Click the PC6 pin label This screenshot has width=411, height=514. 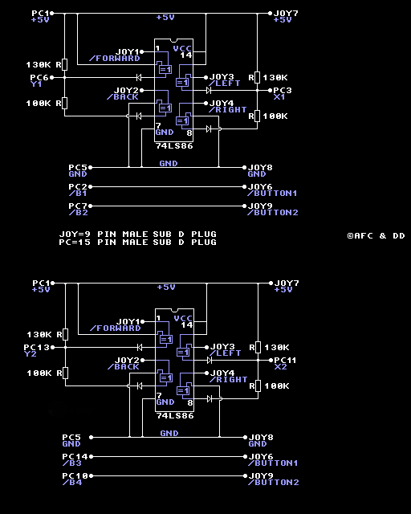[39, 78]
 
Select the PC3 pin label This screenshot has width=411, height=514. [283, 90]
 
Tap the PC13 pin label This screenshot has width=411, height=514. [36, 347]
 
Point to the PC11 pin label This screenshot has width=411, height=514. [285, 361]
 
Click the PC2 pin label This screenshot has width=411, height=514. [78, 187]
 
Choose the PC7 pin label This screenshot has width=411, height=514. [78, 206]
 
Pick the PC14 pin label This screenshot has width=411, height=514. [75, 457]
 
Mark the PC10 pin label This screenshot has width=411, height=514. [75, 476]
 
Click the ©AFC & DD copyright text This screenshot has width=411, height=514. [376, 235]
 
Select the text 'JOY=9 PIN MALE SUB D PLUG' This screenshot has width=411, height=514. [137, 234]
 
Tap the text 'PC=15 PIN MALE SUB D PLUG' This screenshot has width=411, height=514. [137, 243]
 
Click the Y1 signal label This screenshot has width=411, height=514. [36, 84]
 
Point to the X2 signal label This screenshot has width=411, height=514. [280, 366]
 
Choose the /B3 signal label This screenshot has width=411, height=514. [71, 463]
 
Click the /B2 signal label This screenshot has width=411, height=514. [78, 213]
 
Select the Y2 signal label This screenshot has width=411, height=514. [31, 353]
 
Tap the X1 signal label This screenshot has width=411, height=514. [279, 96]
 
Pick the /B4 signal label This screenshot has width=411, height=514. [71, 483]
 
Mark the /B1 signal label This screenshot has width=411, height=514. [78, 194]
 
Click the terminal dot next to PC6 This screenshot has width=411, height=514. [52, 78]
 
